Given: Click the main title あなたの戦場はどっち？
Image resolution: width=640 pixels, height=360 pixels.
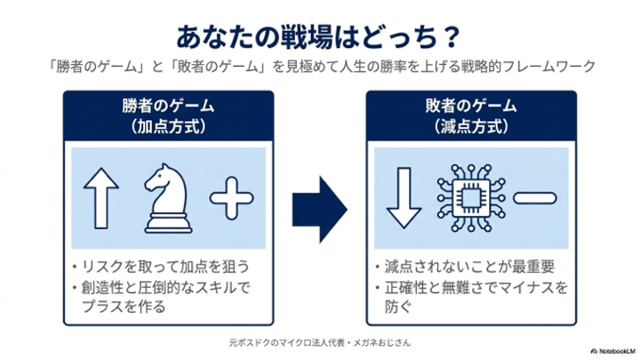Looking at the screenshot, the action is (318, 37).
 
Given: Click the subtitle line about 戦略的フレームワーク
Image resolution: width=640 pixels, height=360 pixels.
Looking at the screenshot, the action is (321, 66).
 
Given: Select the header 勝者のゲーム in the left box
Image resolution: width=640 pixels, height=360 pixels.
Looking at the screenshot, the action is (168, 106).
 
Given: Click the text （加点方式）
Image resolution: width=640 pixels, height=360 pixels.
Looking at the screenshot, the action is (168, 126).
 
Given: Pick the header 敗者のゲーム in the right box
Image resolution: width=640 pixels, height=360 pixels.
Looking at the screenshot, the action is (471, 106).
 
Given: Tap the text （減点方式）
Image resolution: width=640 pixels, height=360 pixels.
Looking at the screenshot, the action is (471, 126).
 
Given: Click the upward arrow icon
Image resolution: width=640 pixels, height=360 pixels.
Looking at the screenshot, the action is (101, 198).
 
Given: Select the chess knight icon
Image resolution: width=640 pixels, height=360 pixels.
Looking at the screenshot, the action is (167, 199).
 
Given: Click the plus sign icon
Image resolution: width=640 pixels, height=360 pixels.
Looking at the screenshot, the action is (231, 198).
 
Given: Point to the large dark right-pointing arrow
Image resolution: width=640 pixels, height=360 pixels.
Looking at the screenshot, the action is (320, 210).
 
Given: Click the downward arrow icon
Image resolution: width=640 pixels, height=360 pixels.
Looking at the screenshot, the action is (404, 198).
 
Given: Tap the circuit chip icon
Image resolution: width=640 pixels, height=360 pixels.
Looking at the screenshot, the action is (470, 198).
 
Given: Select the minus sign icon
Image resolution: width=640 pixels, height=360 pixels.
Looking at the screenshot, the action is (535, 198).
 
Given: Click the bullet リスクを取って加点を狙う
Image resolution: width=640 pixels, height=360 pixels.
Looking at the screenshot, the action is (161, 267).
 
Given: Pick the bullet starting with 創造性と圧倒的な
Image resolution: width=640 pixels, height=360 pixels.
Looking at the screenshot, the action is (161, 297).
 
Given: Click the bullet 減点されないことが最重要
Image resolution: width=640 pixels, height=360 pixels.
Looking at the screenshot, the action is (465, 267).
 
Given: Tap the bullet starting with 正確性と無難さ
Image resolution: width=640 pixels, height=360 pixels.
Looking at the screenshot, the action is (471, 297).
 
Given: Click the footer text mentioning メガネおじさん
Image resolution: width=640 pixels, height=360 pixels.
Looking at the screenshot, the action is (320, 342).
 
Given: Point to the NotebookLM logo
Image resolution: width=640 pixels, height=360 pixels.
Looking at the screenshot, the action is (612, 351).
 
